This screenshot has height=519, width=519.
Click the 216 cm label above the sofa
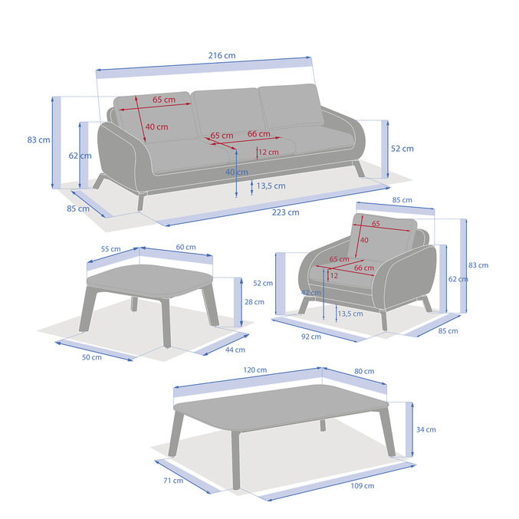pos(222,55)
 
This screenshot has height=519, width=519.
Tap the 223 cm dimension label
pos(286,212)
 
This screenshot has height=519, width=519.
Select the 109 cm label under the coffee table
pos(363,486)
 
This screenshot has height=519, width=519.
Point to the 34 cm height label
pos(426,429)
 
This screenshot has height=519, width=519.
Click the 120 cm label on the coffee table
pos(255,370)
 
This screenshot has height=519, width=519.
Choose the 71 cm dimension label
pos(173,481)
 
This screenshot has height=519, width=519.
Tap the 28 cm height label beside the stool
pos(255,302)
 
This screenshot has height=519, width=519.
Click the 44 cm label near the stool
pos(235,350)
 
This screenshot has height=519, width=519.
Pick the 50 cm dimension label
pos(92,357)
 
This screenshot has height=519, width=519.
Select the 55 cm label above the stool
pos(111,249)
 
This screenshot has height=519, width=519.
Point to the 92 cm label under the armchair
pos(311,337)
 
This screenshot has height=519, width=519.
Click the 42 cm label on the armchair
pos(311,293)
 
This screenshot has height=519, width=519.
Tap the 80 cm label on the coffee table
pos(364,371)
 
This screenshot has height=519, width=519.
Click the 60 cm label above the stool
pos(186,248)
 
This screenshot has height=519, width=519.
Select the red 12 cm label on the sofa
pos(268,153)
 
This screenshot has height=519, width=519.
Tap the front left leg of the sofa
pos(141,202)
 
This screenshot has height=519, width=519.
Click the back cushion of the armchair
pos(381,238)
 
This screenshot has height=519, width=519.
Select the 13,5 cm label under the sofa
pos(271,186)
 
